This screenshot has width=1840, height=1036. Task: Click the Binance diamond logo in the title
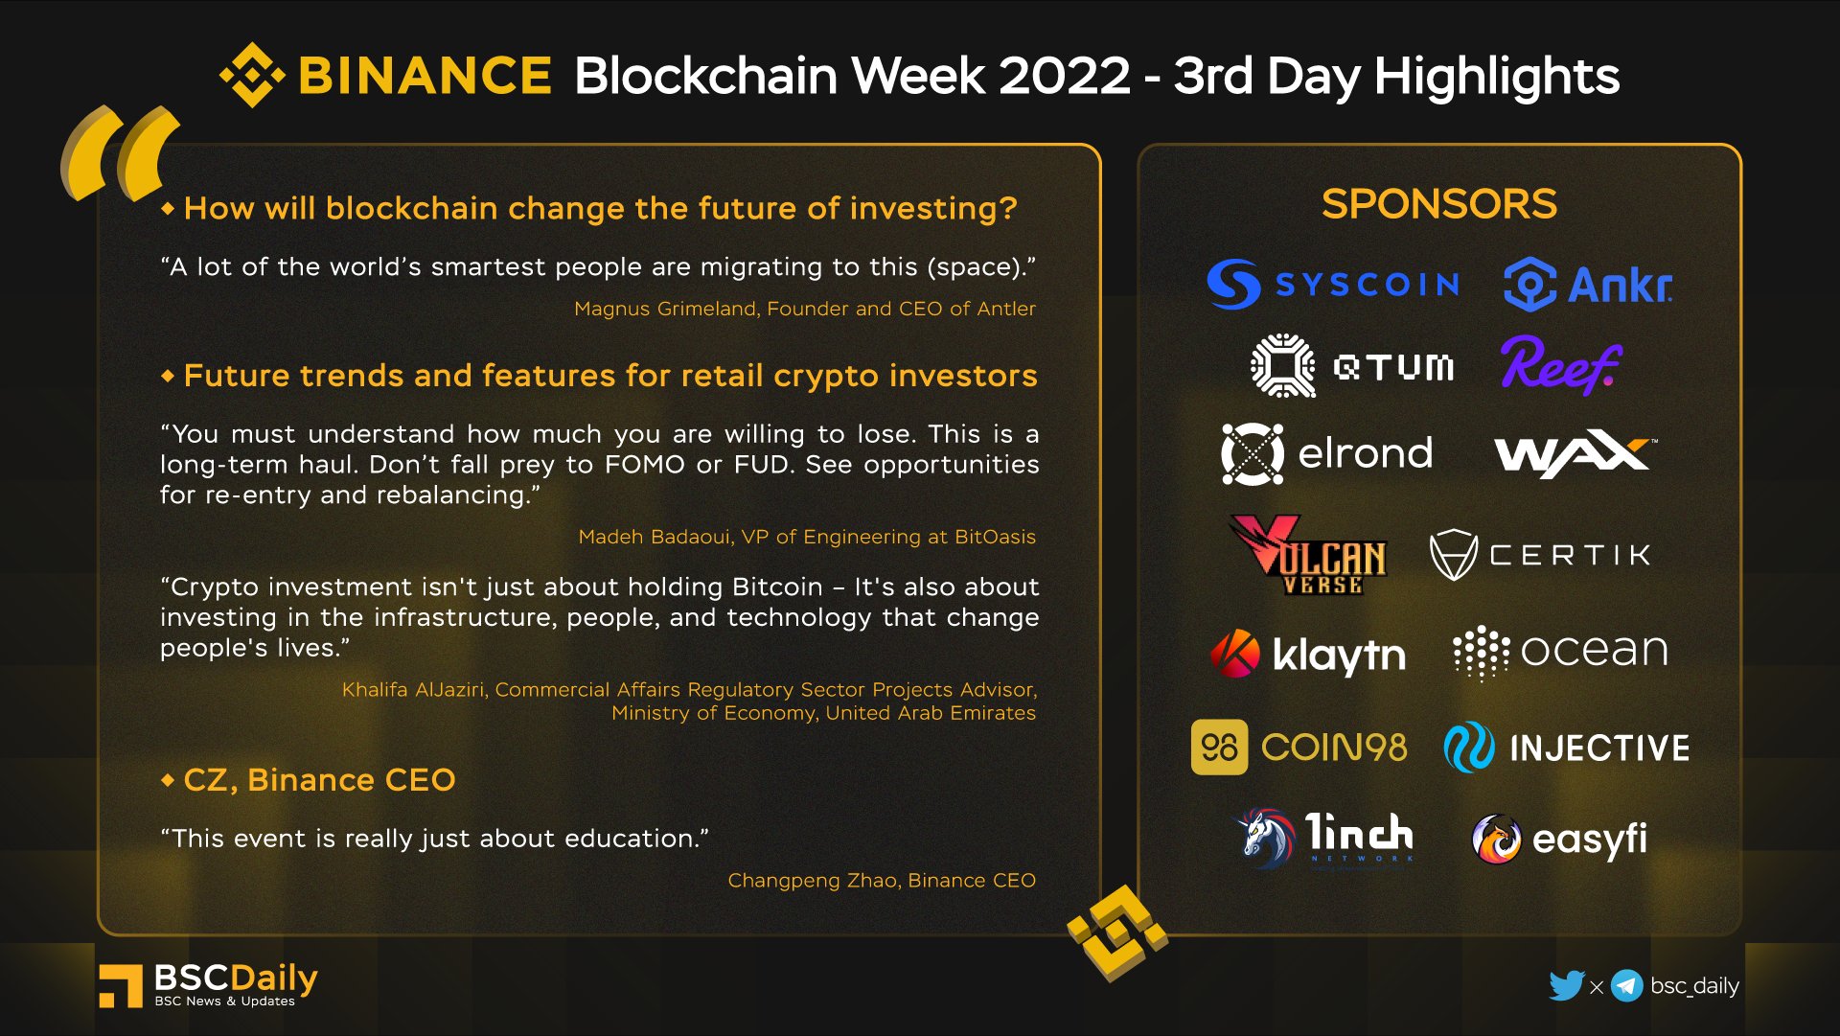(252, 75)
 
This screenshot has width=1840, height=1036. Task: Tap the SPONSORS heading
(1438, 204)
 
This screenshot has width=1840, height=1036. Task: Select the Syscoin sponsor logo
(1332, 284)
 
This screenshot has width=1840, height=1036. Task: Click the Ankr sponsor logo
(1588, 284)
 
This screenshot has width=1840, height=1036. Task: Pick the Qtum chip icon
(1282, 365)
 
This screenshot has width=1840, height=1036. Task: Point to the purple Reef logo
(1560, 365)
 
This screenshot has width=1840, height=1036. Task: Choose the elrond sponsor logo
(1327, 453)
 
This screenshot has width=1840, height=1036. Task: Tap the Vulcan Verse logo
(1308, 556)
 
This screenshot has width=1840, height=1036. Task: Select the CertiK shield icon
(1453, 555)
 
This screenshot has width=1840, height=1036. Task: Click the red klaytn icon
(1235, 654)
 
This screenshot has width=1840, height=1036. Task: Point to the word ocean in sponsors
(1594, 651)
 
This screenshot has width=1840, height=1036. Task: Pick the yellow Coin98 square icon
(1219, 747)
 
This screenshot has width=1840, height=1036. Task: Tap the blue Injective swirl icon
(1468, 748)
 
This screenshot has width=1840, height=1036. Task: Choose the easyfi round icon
(1496, 839)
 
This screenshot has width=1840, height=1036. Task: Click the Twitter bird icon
(1566, 985)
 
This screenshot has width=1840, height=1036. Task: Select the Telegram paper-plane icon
(1626, 985)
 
